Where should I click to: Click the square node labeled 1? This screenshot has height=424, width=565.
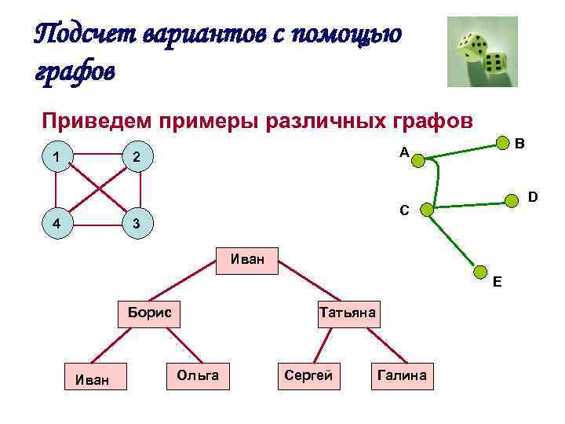click(56, 158)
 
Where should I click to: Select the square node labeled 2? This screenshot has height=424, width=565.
click(137, 158)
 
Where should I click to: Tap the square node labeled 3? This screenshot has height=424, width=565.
click(137, 223)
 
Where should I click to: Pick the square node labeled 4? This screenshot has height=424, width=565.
click(56, 223)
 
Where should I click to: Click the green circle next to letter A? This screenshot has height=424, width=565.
click(418, 161)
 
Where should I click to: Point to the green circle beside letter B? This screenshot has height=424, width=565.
click(500, 143)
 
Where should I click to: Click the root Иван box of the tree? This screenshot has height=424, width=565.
click(247, 259)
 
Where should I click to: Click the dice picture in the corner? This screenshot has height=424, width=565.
click(482, 52)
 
